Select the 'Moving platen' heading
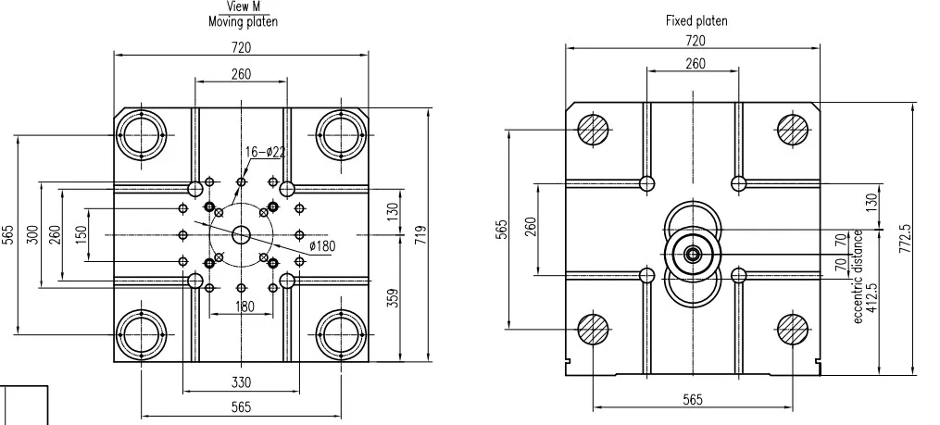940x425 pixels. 243,20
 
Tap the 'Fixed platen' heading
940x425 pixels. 696,19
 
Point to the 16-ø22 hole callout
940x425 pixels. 265,152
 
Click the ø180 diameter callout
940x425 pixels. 321,245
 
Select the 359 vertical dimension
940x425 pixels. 393,298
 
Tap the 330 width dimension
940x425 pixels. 241,381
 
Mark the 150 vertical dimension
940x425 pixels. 80,234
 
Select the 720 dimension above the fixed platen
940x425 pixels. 694,41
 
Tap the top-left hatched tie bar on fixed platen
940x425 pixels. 593,130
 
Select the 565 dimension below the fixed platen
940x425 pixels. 692,399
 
